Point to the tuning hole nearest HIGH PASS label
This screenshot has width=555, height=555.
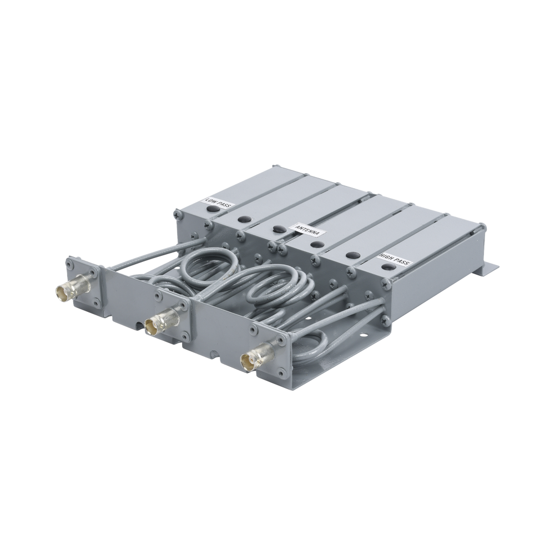[387, 268]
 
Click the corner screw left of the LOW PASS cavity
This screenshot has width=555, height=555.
[178, 212]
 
